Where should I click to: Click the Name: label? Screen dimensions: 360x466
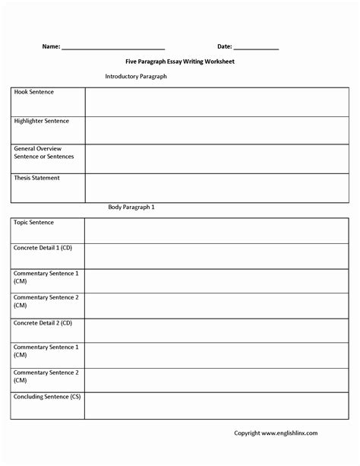[51, 46]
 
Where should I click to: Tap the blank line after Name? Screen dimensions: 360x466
[112, 48]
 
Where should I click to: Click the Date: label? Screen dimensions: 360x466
[224, 46]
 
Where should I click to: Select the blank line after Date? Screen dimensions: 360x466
[257, 48]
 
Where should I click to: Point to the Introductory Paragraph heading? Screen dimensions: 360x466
[136, 76]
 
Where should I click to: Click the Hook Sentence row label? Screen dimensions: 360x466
[34, 92]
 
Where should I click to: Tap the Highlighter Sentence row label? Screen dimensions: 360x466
[41, 121]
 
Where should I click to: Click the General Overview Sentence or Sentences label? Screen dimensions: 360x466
[44, 152]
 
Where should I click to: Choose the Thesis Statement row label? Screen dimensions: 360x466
[36, 178]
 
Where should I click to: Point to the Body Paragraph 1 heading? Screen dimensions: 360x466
[131, 207]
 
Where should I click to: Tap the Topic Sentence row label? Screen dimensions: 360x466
[34, 223]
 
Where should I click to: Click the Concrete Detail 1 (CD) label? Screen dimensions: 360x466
[43, 248]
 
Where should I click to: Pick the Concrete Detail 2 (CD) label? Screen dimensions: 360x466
[43, 322]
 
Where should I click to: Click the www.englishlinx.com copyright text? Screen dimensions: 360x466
[275, 433]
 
